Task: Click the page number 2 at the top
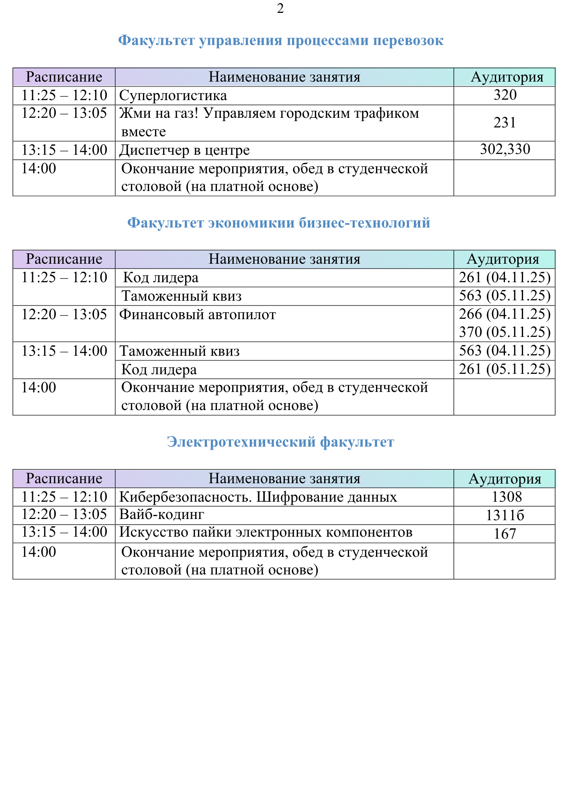pos(280,8)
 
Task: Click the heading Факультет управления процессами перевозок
pos(281,41)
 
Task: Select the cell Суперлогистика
pos(173,96)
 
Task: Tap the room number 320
pos(505,95)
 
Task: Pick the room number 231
pos(505,123)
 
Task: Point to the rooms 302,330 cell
pos(505,150)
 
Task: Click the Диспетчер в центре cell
pos(184,150)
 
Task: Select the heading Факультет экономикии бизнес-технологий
pos(278,223)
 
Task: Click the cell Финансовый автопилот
pos(198,314)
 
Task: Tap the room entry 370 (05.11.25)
pos(505,332)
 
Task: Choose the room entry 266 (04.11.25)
pos(505,314)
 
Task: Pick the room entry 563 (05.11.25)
pos(505,296)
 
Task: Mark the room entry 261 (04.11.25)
pos(505,277)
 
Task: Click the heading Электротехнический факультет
pos(280,442)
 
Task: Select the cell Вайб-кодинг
pos(162,515)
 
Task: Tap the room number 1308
pos(507,497)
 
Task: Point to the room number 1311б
pos(505,515)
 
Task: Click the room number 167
pos(505,534)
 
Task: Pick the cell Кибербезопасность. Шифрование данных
pos(258,497)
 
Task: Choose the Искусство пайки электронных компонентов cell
pos(266,533)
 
